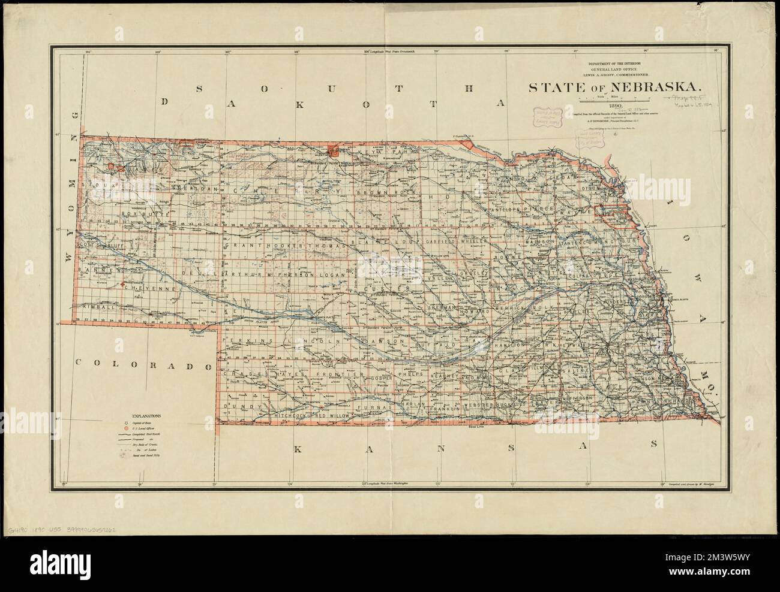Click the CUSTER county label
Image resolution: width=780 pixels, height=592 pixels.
point(394,289)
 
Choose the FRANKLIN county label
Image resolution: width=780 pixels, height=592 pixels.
point(439,408)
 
